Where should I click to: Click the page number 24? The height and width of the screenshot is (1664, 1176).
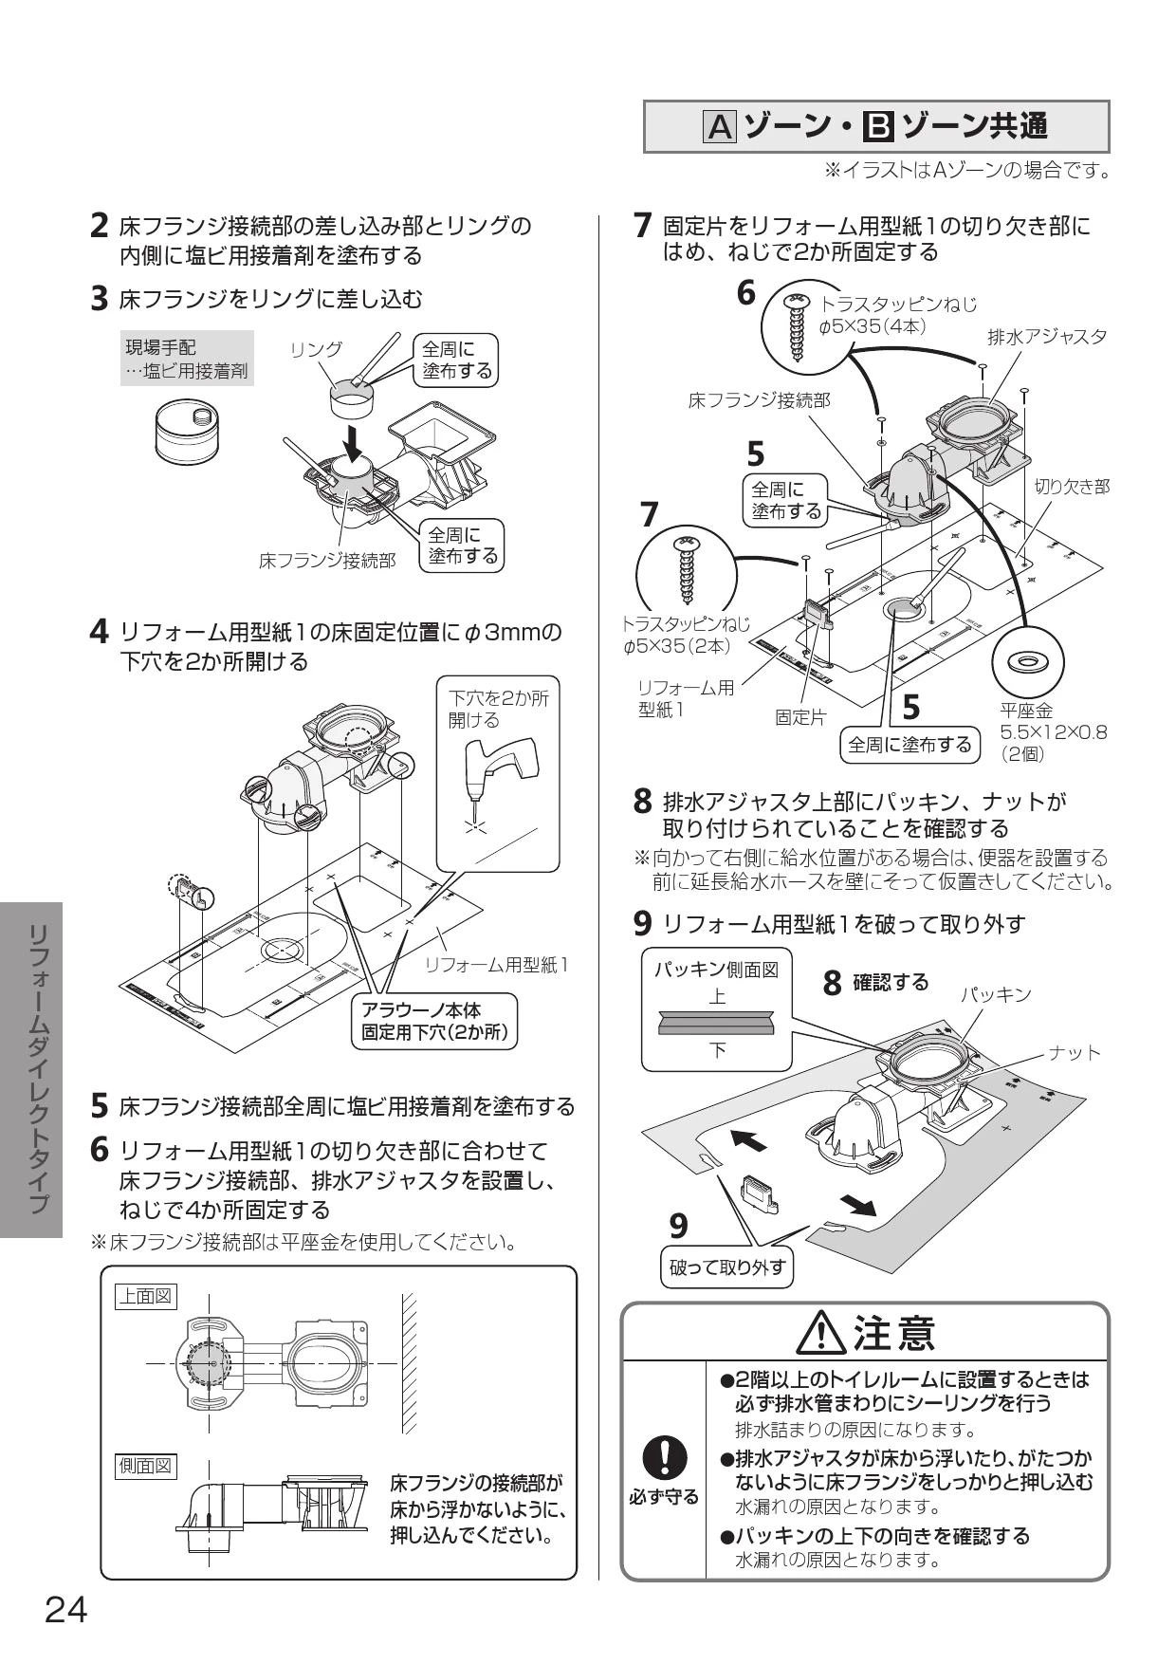pyautogui.click(x=66, y=1609)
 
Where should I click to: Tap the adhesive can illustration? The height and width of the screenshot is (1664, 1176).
pyautogui.click(x=188, y=432)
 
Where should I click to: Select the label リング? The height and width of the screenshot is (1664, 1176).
pyautogui.click(x=316, y=349)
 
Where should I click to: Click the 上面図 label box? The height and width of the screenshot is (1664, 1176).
pyautogui.click(x=145, y=1296)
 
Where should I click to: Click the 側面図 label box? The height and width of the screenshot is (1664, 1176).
pyautogui.click(x=145, y=1466)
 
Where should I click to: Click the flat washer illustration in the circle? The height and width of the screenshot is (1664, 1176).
pyautogui.click(x=1027, y=660)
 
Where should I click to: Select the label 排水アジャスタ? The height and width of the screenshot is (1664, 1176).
pyautogui.click(x=1047, y=337)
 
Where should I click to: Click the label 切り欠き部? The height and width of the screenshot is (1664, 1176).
pyautogui.click(x=1072, y=487)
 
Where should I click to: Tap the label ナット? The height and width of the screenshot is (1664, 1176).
pyautogui.click(x=1075, y=1052)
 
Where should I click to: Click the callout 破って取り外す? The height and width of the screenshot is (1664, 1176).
pyautogui.click(x=727, y=1266)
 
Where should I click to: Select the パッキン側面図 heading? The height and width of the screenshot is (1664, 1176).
pyautogui.click(x=716, y=970)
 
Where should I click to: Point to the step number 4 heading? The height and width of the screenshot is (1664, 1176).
pyautogui.click(x=98, y=633)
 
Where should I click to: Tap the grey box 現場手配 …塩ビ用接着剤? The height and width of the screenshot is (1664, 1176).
pyautogui.click(x=187, y=359)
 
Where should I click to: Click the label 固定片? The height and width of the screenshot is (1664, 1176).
pyautogui.click(x=799, y=717)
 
